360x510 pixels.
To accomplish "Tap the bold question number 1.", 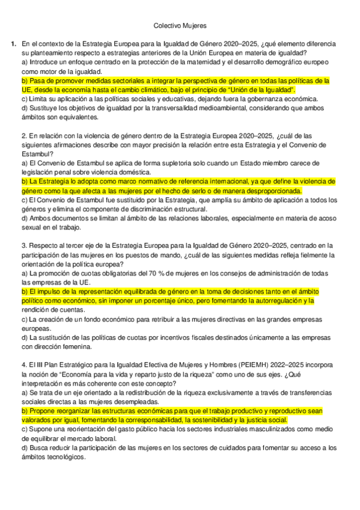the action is coord(13,45).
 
